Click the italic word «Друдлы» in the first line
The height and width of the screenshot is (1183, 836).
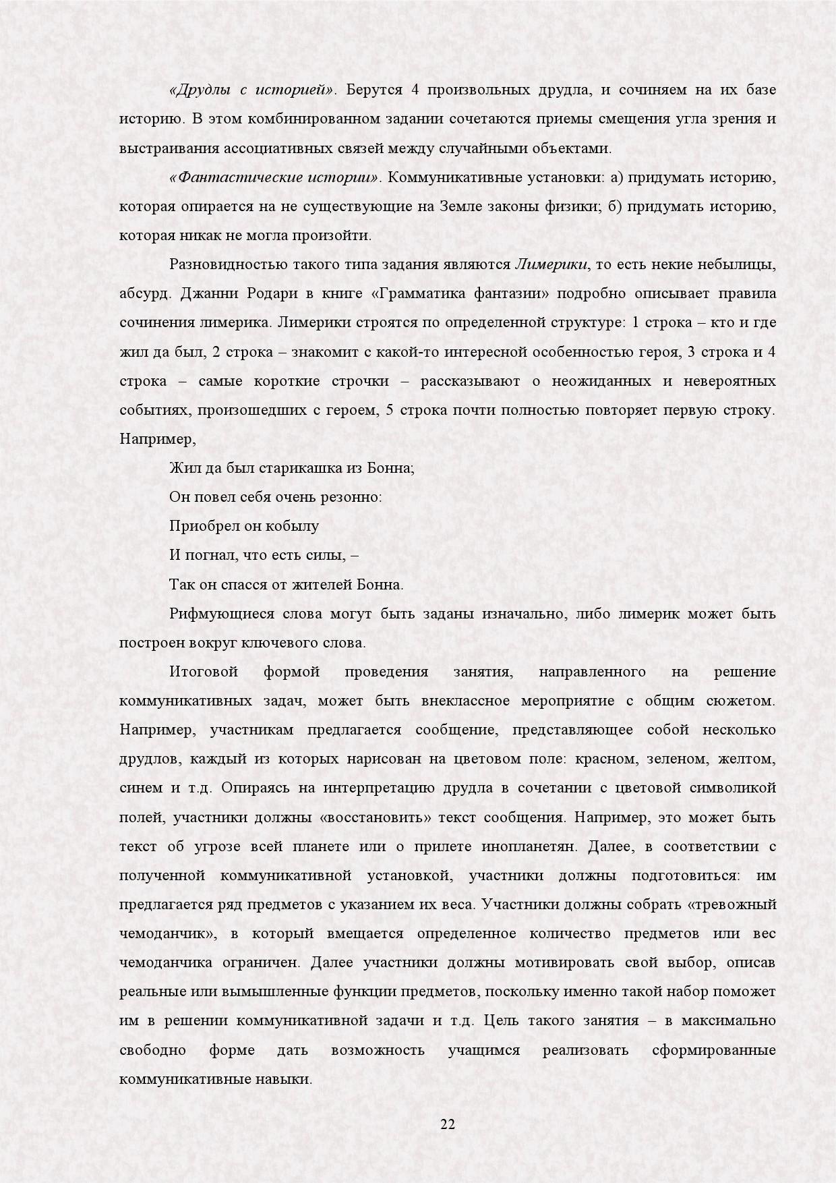[198, 90]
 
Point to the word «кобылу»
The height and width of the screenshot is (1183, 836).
[293, 526]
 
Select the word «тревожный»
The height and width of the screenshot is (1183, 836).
[738, 904]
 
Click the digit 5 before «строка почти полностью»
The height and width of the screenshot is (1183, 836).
[390, 410]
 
